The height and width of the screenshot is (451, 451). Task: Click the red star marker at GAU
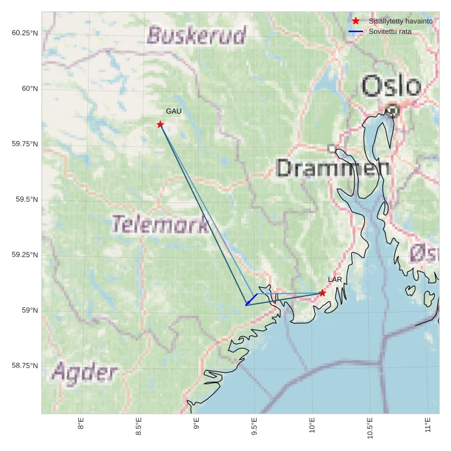click(x=160, y=124)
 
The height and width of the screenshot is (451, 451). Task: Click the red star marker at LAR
click(x=323, y=293)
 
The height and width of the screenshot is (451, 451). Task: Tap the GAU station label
click(x=173, y=112)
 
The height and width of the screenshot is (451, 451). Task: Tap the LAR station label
click(x=334, y=280)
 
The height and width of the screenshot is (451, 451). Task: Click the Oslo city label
click(x=391, y=86)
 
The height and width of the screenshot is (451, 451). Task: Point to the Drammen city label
click(x=328, y=168)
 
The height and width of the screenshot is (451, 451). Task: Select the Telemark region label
click(x=160, y=225)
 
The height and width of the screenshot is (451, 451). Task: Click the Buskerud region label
click(x=197, y=35)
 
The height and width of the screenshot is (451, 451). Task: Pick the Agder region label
click(x=85, y=373)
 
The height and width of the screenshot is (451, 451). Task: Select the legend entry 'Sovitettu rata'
click(x=390, y=31)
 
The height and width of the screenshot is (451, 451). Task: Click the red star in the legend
click(x=356, y=21)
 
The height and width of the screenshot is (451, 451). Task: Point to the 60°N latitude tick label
click(x=27, y=88)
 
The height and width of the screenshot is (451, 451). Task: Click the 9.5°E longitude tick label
click(x=254, y=424)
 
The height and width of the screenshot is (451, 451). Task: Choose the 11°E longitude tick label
click(x=428, y=424)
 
